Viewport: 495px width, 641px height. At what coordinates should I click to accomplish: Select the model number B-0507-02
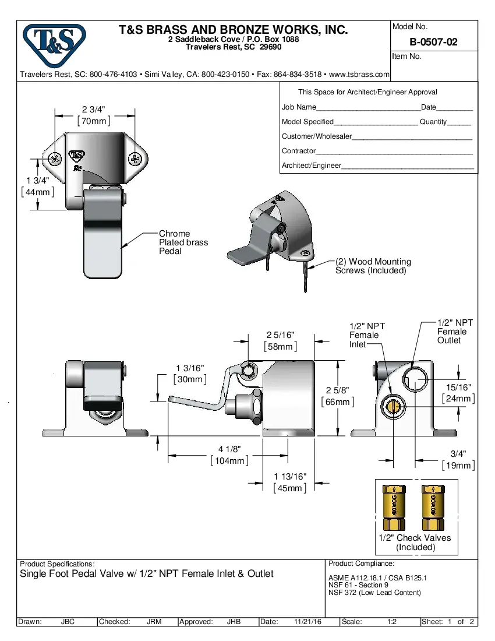coord(433,42)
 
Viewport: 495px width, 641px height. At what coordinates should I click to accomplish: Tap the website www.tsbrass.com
coord(359,75)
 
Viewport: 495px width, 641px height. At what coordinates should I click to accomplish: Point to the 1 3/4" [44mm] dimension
coord(37,186)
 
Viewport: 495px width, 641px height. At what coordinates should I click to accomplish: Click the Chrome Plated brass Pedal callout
coord(183,242)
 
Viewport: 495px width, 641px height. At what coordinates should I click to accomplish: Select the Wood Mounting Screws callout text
coord(373,266)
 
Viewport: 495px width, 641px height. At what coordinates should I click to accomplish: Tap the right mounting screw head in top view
coord(136,158)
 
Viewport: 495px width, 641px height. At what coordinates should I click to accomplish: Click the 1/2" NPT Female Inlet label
coord(366,335)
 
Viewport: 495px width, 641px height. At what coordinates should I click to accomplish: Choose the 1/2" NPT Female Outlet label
coord(455,332)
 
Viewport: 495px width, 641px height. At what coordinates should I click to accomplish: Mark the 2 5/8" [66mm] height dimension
coord(337,396)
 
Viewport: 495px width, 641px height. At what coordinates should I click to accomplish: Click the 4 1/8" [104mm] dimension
coord(229,455)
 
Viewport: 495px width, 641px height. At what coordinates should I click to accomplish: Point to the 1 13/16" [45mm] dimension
coord(289,482)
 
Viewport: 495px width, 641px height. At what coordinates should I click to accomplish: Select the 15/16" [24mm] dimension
coord(458,393)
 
